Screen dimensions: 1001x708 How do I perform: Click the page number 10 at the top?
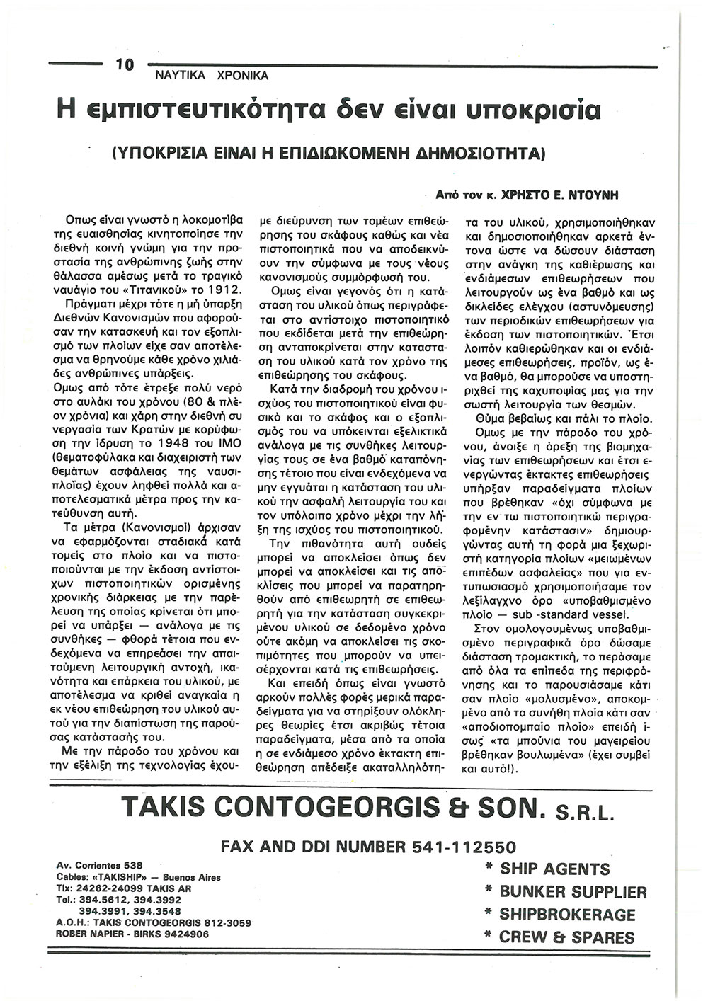pyautogui.click(x=124, y=65)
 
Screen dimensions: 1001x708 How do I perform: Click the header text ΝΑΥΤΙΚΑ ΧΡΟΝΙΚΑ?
pyautogui.click(x=212, y=75)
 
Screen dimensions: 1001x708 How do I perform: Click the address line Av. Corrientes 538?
pyautogui.click(x=99, y=865)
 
